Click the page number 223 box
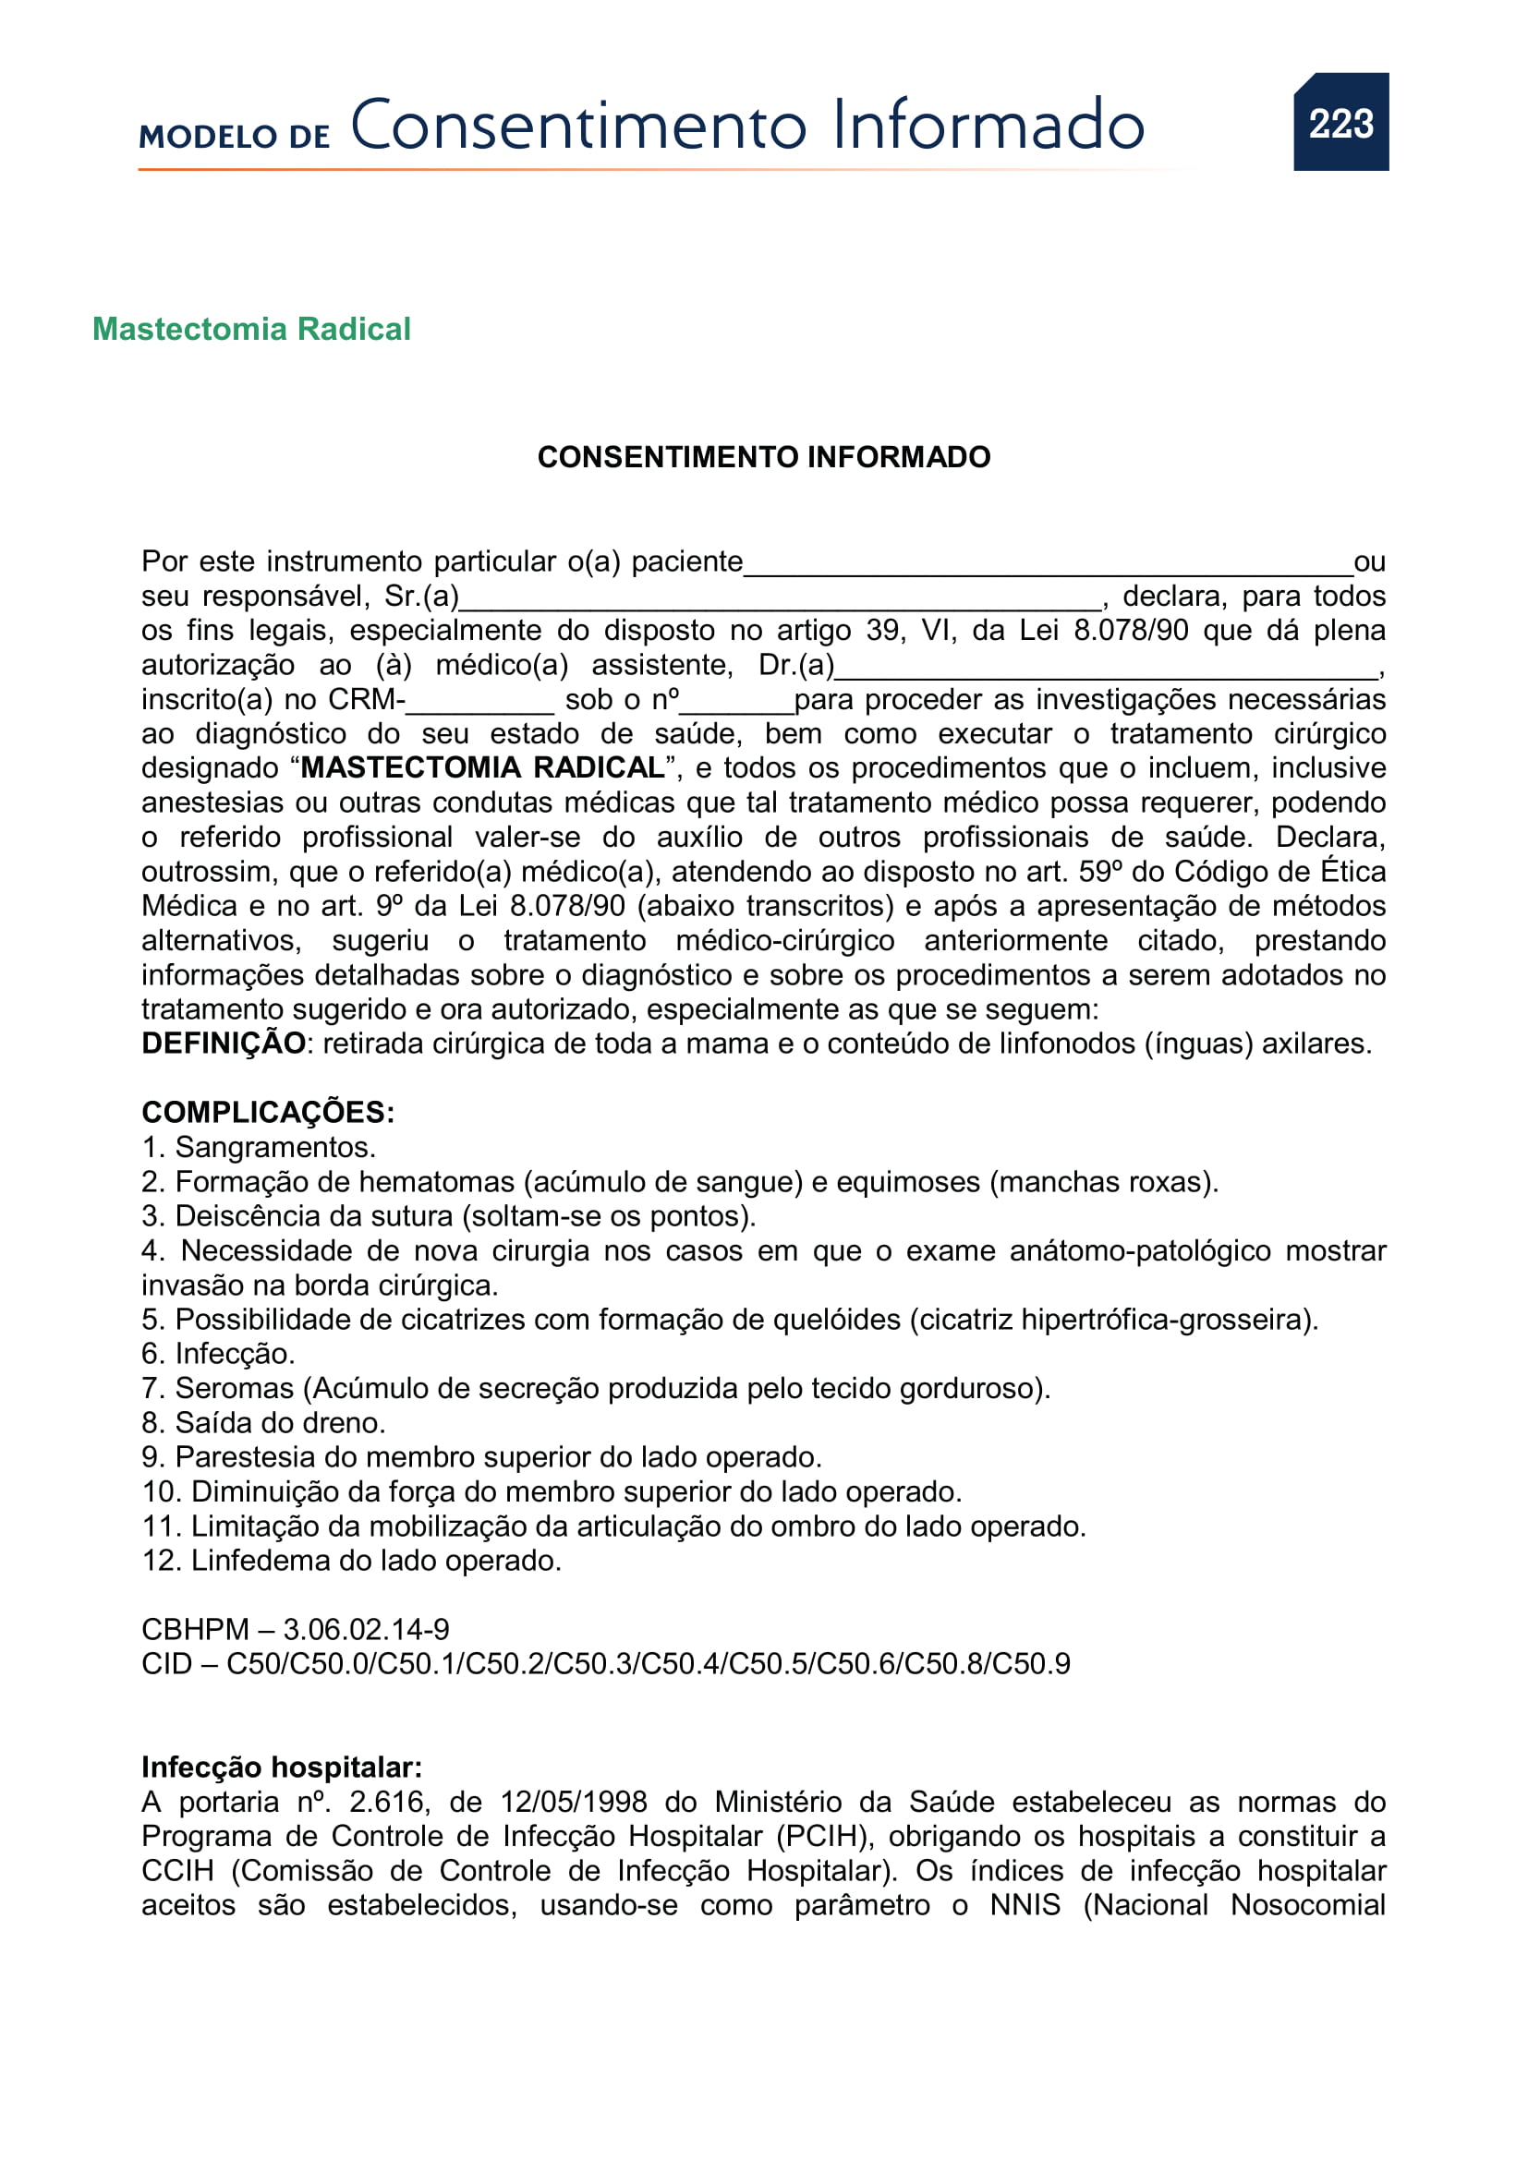tap(1340, 122)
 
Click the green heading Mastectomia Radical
tap(251, 330)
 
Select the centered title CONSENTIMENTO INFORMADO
tap(763, 457)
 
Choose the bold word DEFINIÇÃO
tap(223, 1044)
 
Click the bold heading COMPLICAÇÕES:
tap(267, 1112)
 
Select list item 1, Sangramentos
tap(259, 1147)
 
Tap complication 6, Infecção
tap(218, 1354)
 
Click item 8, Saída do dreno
tap(263, 1422)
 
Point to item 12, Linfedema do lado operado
tap(352, 1561)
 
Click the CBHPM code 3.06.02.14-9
tap(366, 1629)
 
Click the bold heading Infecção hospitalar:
tap(282, 1767)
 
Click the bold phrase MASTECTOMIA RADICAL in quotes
tap(481, 767)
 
